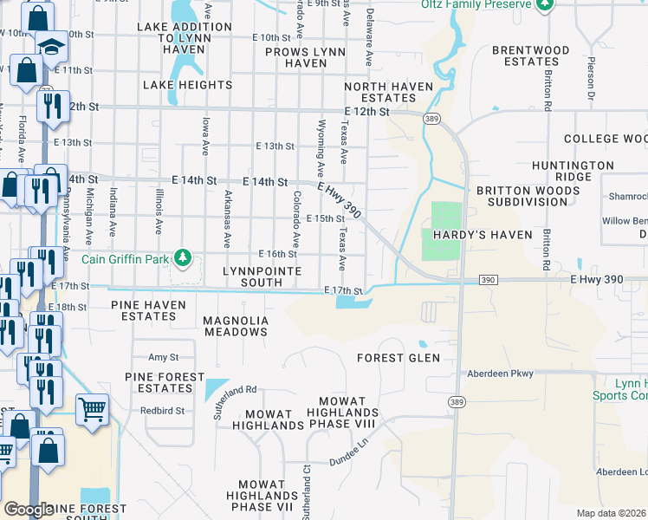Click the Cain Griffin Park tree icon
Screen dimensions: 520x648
click(183, 257)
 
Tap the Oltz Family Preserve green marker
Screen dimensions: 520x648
click(544, 5)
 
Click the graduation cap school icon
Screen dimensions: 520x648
click(51, 45)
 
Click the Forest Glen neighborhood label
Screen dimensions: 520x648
click(399, 357)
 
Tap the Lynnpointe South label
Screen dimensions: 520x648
click(262, 276)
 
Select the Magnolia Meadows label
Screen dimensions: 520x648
click(236, 326)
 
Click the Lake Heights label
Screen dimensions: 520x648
click(188, 85)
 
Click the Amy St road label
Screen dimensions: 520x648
click(163, 357)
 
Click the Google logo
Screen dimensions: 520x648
click(29, 510)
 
